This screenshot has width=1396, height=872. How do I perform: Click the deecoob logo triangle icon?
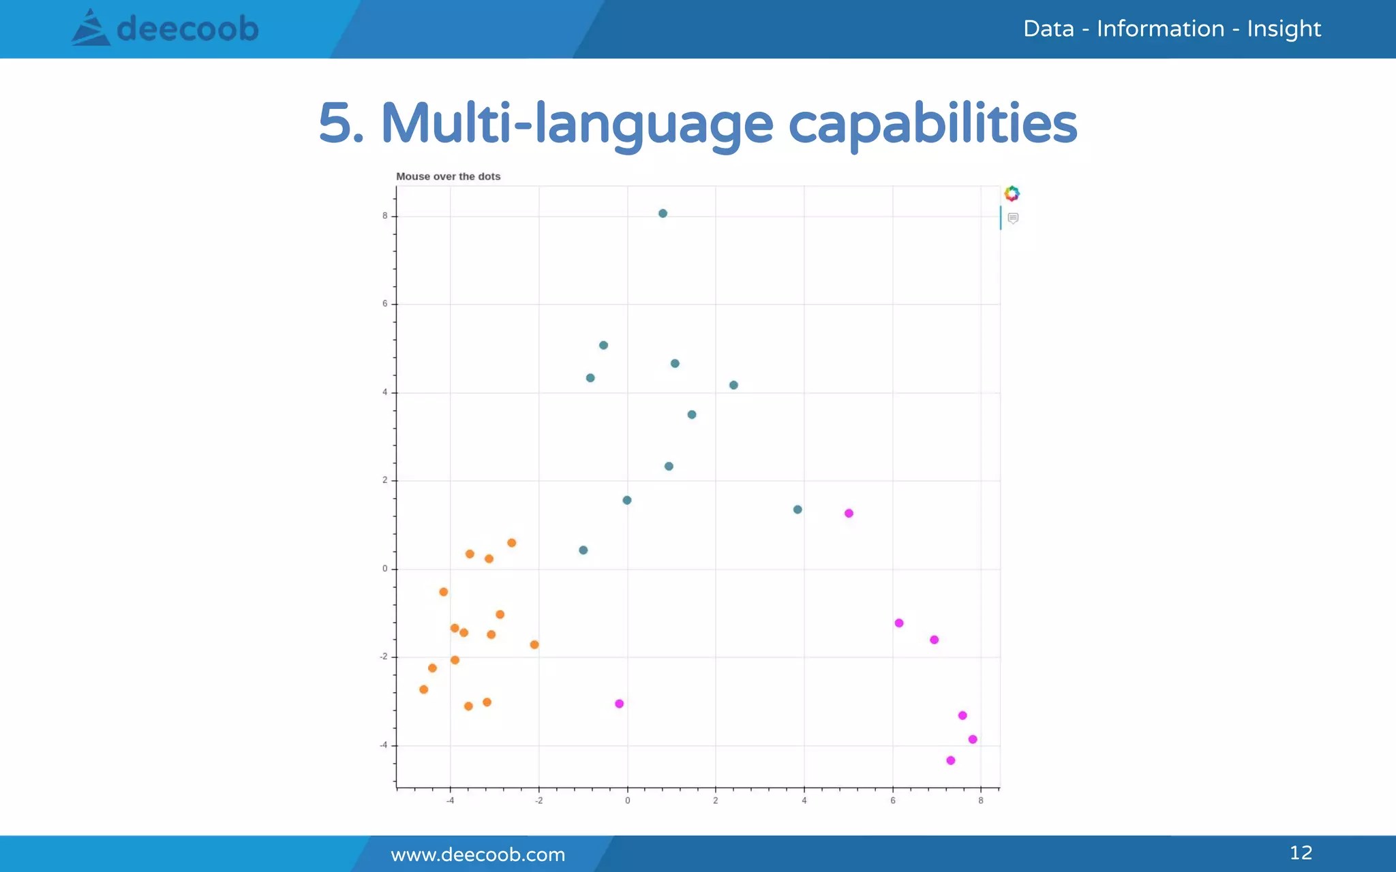click(x=91, y=29)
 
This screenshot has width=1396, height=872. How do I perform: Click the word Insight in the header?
click(x=1284, y=29)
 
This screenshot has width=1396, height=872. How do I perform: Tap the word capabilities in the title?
click(x=932, y=124)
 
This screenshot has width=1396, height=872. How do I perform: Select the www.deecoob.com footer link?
click(x=478, y=854)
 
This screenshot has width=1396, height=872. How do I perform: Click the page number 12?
click(x=1301, y=852)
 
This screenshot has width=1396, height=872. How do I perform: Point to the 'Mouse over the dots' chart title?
click(x=448, y=176)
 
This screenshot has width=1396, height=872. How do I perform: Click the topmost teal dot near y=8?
click(x=663, y=213)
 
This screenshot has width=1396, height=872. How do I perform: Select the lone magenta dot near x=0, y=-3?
click(x=619, y=704)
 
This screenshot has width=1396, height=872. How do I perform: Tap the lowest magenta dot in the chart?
click(x=951, y=760)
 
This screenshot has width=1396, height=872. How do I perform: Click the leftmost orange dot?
click(x=424, y=689)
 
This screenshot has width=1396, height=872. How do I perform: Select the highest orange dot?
click(x=512, y=543)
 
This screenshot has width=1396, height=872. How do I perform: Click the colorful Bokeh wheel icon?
click(x=1012, y=193)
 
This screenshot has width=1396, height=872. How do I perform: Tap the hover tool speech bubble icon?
click(x=1013, y=218)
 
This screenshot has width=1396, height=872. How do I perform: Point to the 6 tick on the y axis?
click(x=385, y=304)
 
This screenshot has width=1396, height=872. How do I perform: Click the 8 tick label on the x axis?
click(x=981, y=800)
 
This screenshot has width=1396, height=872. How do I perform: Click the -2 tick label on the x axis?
click(x=538, y=800)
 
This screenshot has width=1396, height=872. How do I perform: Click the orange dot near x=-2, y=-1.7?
click(x=534, y=644)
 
